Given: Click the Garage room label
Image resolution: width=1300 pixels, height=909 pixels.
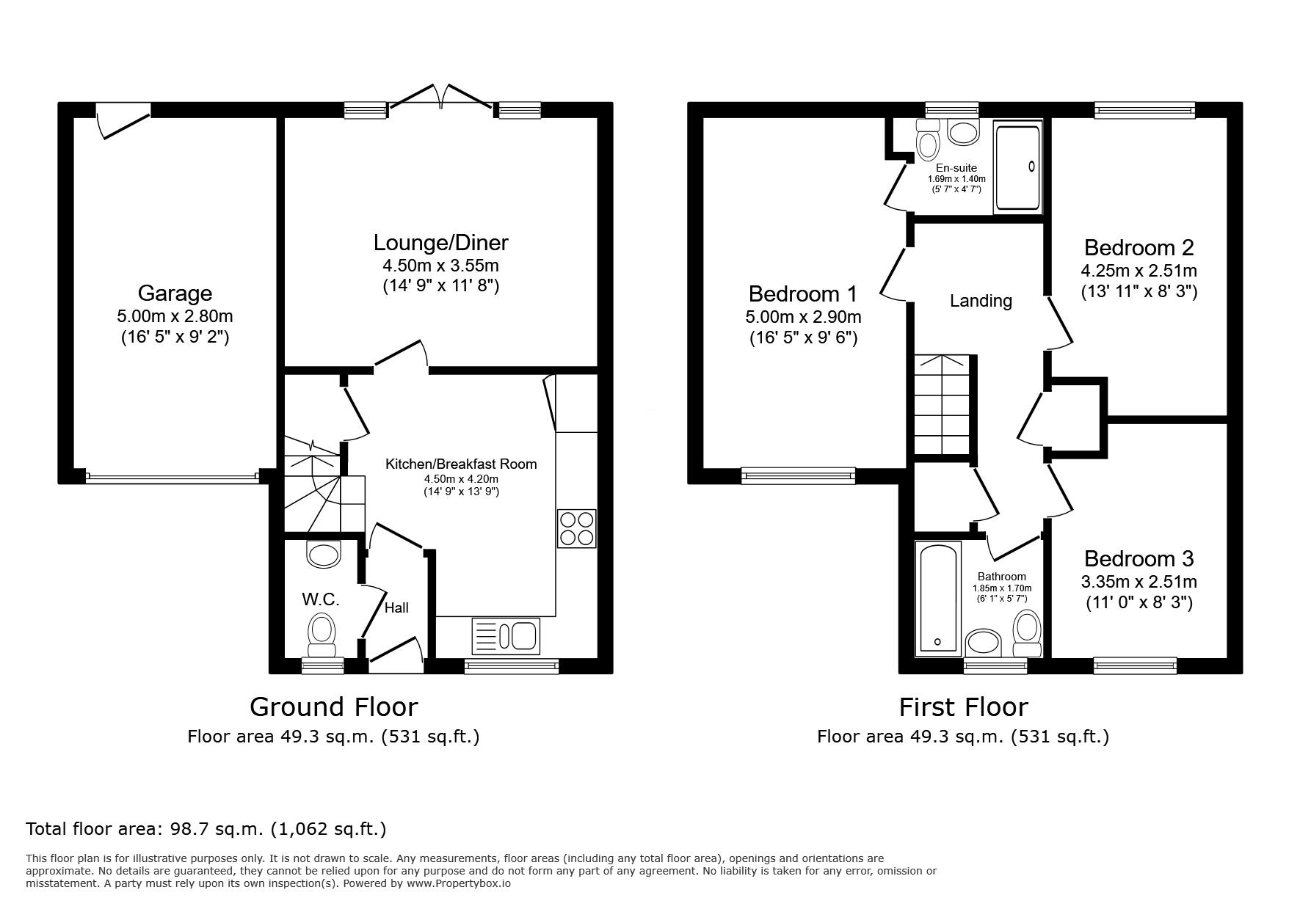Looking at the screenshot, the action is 175,293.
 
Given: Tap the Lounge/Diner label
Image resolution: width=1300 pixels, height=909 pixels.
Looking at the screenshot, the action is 440,242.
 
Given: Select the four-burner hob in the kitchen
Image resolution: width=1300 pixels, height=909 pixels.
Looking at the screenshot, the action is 577,528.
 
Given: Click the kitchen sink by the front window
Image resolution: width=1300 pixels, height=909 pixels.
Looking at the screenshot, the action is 506,635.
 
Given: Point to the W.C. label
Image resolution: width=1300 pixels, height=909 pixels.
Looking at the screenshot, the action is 320,599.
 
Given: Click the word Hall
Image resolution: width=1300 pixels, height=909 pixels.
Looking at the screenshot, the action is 396,607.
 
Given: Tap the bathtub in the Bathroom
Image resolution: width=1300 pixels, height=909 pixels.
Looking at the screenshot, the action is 938,598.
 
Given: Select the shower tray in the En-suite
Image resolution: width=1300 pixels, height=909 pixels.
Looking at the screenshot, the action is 1017,169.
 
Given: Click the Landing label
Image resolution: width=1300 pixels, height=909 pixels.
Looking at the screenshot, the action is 981,301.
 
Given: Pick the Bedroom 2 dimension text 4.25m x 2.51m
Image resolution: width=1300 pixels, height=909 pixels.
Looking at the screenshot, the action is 1139,270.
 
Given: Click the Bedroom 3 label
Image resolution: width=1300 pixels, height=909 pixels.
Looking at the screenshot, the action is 1139,558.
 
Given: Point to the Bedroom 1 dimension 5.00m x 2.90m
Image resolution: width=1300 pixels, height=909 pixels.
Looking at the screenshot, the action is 803,317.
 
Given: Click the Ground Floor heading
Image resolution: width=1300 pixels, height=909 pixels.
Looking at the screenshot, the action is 333,707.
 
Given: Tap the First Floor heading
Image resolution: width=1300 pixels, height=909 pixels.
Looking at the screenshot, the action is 963,707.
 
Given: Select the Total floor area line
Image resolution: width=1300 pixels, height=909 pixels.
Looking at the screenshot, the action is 206,829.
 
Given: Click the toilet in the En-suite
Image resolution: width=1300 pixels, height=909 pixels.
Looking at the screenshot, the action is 928,139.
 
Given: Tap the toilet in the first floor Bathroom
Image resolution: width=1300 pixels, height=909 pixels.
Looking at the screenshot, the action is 1027,635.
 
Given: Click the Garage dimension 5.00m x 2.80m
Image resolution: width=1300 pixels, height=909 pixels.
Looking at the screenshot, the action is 175,316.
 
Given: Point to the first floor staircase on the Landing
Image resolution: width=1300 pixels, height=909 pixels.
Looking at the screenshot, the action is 943,406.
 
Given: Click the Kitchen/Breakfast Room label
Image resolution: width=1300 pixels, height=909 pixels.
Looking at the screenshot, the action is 461,464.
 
